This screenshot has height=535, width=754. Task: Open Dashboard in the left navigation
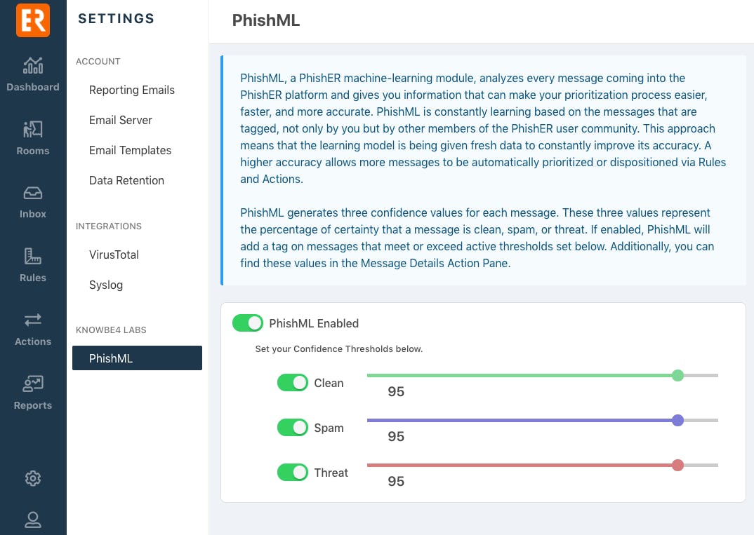pyautogui.click(x=33, y=74)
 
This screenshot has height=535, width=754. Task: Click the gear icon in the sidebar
pyautogui.click(x=33, y=478)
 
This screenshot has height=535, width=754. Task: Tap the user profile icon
pyautogui.click(x=33, y=520)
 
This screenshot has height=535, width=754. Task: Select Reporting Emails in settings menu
pyautogui.click(x=132, y=90)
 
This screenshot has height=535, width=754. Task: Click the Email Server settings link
pyautogui.click(x=121, y=120)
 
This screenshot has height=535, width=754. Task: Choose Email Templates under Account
pyautogui.click(x=130, y=150)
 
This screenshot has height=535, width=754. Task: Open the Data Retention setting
pyautogui.click(x=126, y=180)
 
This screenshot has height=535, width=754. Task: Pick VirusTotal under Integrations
pyautogui.click(x=114, y=255)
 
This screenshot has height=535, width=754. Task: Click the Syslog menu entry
pyautogui.click(x=106, y=285)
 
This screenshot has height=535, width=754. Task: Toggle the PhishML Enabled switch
pyautogui.click(x=248, y=323)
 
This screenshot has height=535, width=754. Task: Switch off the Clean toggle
pyautogui.click(x=292, y=383)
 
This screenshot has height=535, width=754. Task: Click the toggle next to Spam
pyautogui.click(x=292, y=428)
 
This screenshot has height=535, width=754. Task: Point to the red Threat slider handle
pyautogui.click(x=677, y=465)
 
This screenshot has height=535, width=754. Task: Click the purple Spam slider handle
pyautogui.click(x=677, y=420)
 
